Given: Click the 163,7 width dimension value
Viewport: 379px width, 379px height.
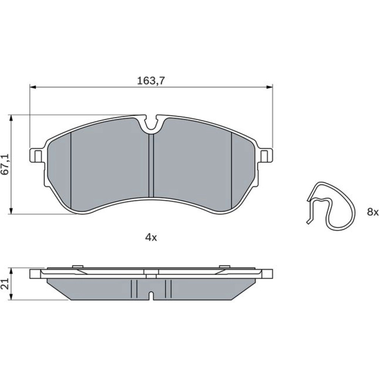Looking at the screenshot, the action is point(151,81).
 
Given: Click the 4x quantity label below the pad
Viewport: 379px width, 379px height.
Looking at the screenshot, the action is point(151,238).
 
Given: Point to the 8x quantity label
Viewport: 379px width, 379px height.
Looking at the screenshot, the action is point(373,212).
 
